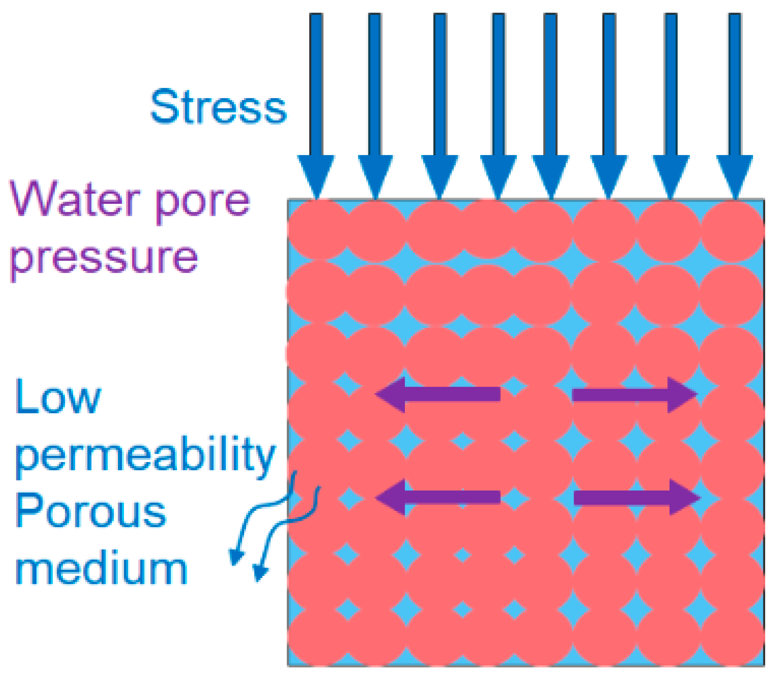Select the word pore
[203, 203]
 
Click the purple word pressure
[104, 259]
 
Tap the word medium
[101, 569]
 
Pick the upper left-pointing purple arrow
[438, 395]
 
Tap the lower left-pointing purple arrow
[438, 497]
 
